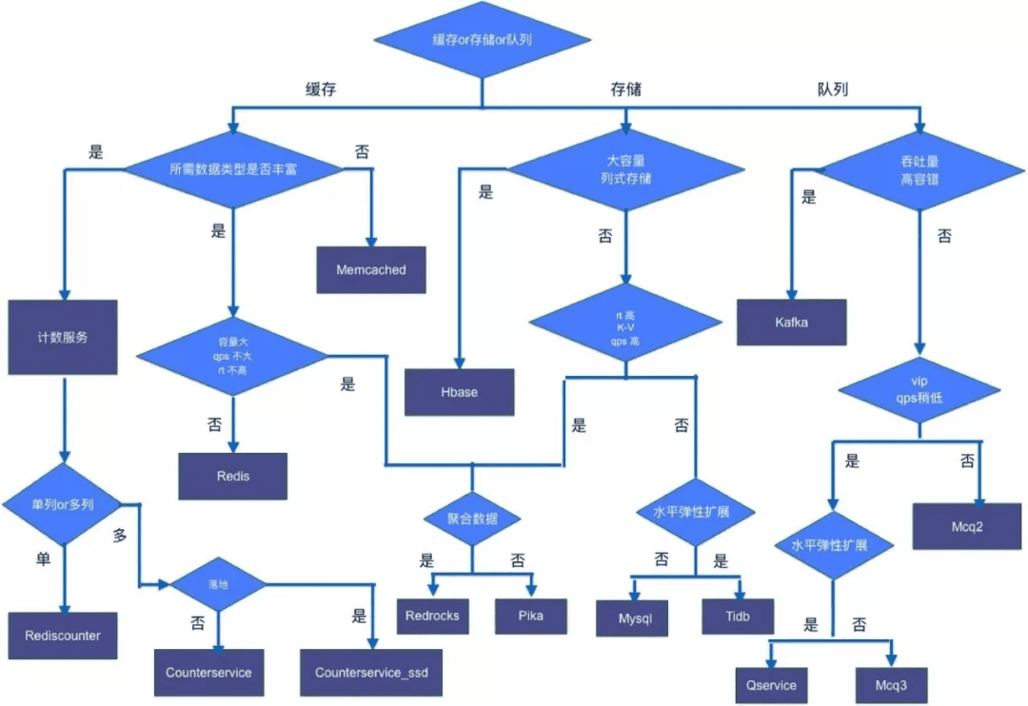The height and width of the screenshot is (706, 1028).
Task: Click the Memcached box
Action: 371,270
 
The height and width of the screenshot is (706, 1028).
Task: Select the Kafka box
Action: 792,322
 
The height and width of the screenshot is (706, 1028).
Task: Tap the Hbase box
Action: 460,392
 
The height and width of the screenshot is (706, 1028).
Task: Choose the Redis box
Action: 232,475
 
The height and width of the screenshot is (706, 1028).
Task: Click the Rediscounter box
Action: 63,635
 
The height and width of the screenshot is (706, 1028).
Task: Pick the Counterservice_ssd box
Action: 371,673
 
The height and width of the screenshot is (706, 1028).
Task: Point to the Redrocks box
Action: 432,616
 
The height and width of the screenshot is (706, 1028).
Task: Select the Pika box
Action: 531,616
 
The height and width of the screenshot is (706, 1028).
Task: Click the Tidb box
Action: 738,616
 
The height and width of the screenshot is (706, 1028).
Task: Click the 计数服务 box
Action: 63,337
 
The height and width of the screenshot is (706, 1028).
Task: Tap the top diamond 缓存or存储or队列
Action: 482,39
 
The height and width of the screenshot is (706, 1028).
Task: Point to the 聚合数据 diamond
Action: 472,519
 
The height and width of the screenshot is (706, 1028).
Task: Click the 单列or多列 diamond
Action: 63,502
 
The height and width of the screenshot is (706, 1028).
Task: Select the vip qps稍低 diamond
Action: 919,390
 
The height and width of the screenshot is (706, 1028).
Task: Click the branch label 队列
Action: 832,89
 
